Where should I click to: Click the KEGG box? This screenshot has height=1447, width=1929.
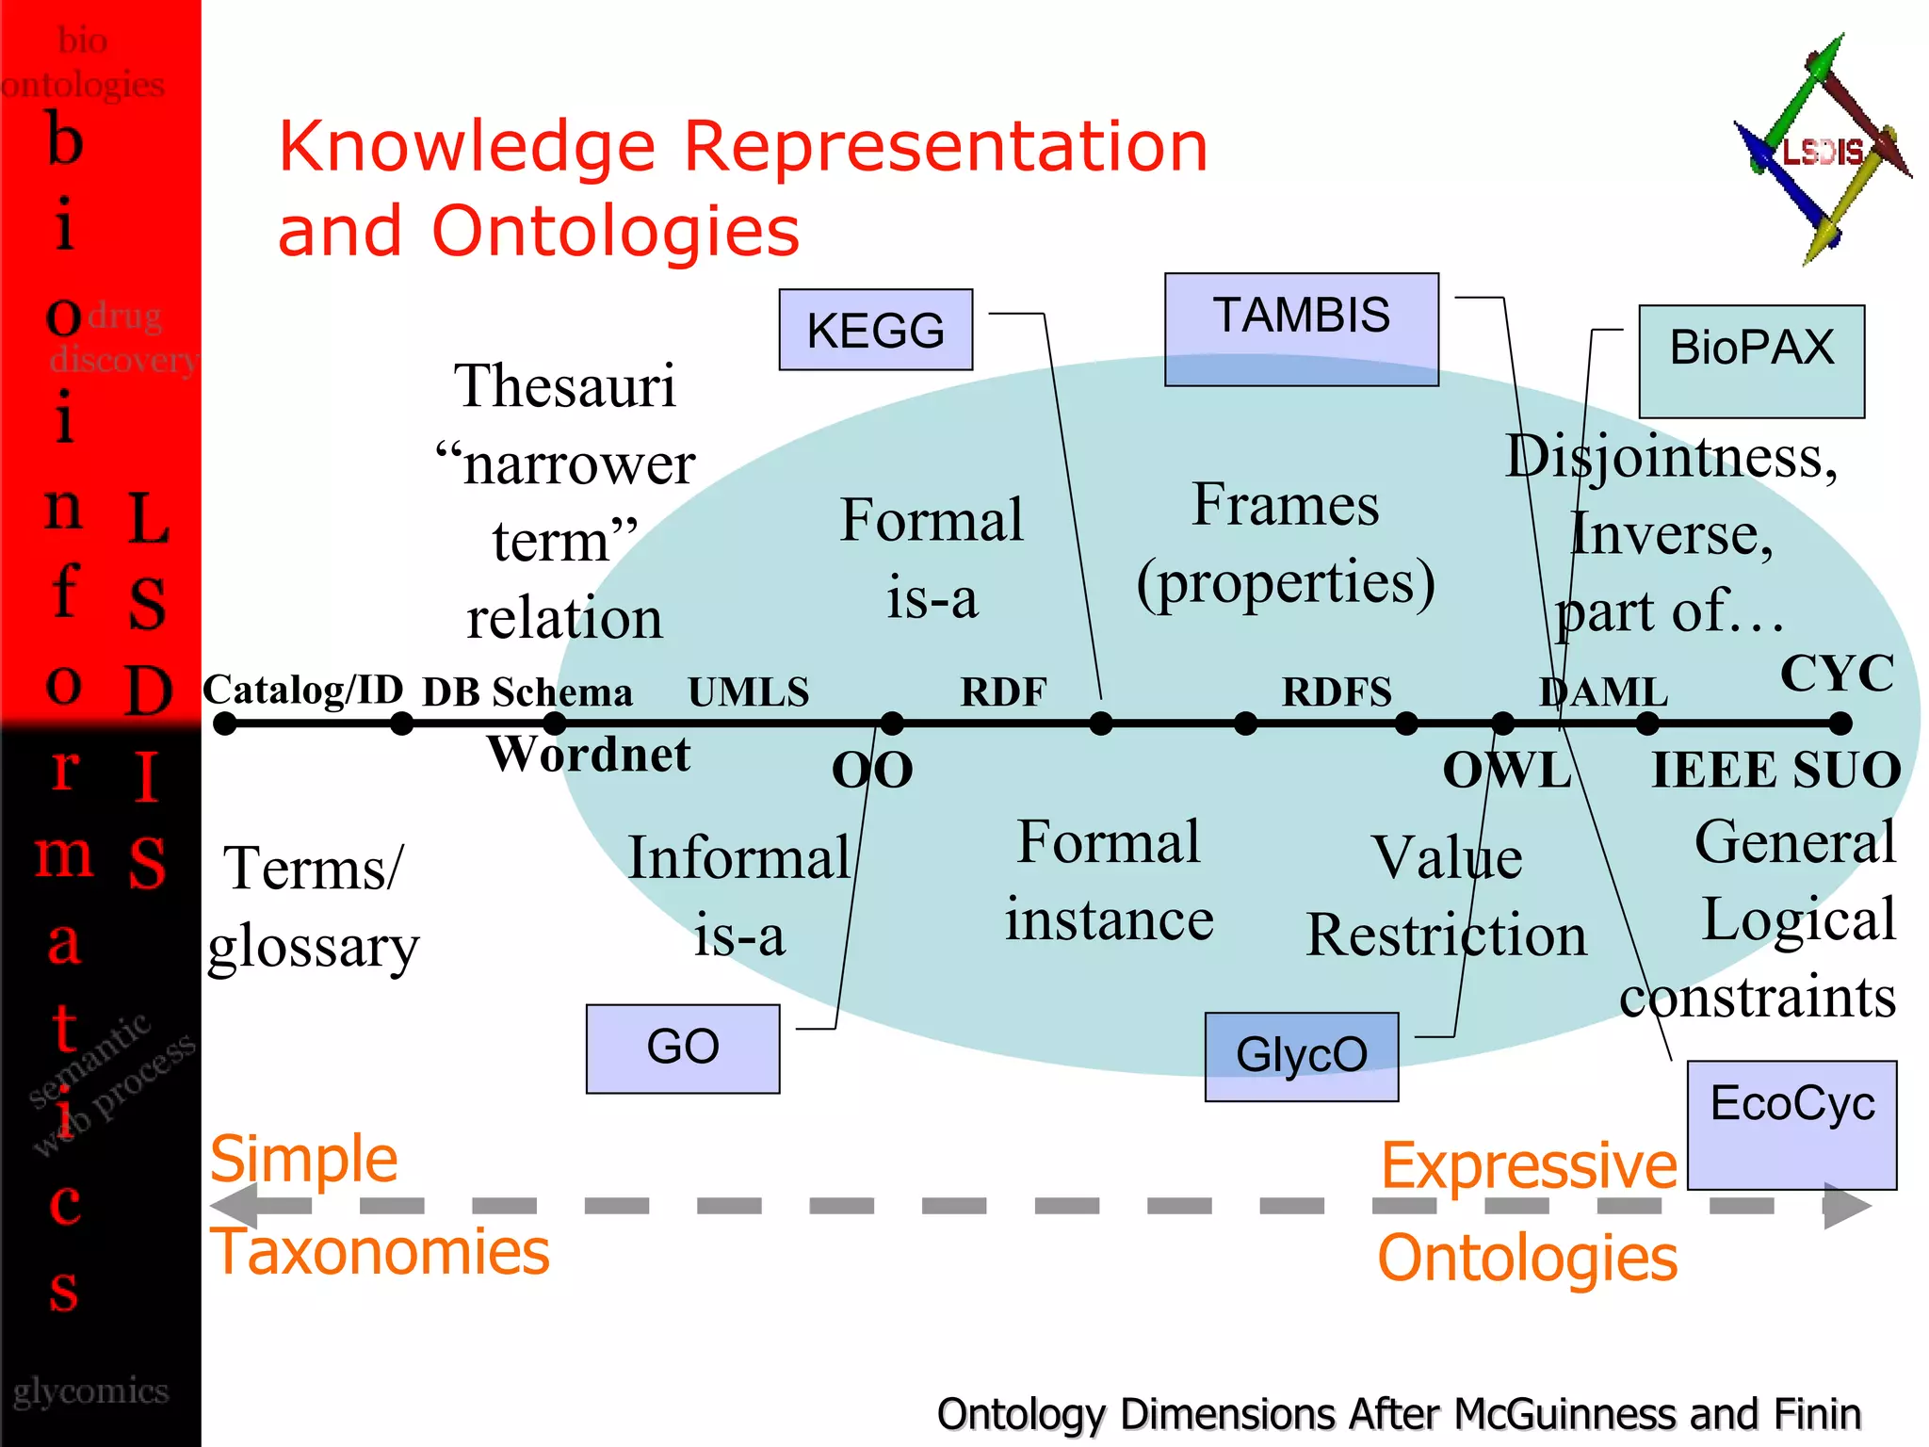pyautogui.click(x=875, y=330)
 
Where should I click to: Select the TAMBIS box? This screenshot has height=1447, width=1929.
pyautogui.click(x=1301, y=329)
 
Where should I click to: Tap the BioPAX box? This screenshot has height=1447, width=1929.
pyautogui.click(x=1751, y=361)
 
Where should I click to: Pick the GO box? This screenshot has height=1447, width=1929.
pyautogui.click(x=682, y=1049)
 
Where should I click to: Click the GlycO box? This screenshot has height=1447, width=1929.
pyautogui.click(x=1301, y=1056)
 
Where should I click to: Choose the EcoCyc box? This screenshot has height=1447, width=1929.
pyautogui.click(x=1791, y=1125)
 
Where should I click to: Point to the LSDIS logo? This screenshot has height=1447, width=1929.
pyautogui.click(x=1822, y=151)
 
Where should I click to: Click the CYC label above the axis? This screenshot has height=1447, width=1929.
pyautogui.click(x=1837, y=673)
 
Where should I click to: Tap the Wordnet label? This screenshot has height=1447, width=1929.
pyautogui.click(x=589, y=754)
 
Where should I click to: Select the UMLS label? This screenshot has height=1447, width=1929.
pyautogui.click(x=748, y=692)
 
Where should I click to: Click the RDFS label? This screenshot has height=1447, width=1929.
pyautogui.click(x=1336, y=692)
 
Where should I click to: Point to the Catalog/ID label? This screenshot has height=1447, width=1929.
pyautogui.click(x=303, y=690)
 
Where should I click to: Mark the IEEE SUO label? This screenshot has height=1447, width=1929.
pyautogui.click(x=1776, y=770)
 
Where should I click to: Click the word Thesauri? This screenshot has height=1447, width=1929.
pyautogui.click(x=564, y=385)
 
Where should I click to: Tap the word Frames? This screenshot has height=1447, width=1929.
pyautogui.click(x=1286, y=505)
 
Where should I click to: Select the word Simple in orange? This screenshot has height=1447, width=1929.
pyautogui.click(x=303, y=1159)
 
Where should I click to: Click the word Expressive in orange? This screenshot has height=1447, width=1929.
pyautogui.click(x=1529, y=1166)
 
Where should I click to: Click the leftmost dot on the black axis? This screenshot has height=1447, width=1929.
pyautogui.click(x=224, y=723)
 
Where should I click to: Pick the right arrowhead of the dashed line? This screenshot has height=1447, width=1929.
pyautogui.click(x=1846, y=1206)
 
